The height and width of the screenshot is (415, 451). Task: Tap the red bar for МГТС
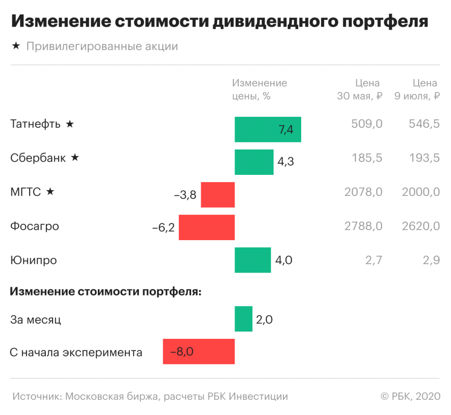pos(218,194)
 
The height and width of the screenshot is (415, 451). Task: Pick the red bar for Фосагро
pos(207,227)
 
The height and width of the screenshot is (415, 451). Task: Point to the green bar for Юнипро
pos(252,260)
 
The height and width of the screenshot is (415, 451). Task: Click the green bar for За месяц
pos(243,319)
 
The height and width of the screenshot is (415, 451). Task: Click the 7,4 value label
pos(286,130)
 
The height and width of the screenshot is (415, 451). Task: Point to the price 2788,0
pos(363,226)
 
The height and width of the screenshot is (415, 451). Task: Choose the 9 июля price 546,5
pos(424,124)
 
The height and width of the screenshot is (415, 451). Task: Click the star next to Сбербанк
pos(74,158)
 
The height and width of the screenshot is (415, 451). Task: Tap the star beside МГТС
pos(50,192)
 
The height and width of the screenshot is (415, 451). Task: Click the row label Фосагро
pos(35,226)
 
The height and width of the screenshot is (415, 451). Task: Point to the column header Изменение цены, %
pos(260,89)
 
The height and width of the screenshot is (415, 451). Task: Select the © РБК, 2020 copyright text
pos(410,396)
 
